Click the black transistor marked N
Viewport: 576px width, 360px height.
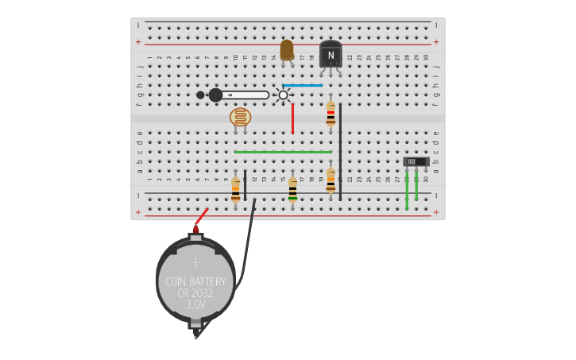coord(331,55)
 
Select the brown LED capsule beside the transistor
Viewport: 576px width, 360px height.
coord(287,50)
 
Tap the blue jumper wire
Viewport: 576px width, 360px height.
coord(302,85)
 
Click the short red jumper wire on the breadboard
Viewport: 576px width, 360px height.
coord(292,118)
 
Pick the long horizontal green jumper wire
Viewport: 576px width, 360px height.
coord(283,152)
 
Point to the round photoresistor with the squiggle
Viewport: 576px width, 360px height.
coord(240,118)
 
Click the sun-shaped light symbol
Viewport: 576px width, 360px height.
coord(283,95)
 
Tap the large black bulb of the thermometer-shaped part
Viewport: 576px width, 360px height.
coord(215,95)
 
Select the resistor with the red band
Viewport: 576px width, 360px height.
coord(331,116)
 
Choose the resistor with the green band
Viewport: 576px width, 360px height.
coord(292,190)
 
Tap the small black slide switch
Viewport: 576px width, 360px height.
coord(416,161)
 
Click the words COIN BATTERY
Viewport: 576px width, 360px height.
coord(195,282)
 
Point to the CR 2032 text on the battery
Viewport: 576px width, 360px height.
coord(195,293)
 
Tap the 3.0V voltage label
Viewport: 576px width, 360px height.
coord(195,304)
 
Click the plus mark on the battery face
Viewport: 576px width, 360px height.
coord(195,261)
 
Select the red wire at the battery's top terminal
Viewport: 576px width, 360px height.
coord(201,217)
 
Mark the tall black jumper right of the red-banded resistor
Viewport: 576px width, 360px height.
coord(340,151)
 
